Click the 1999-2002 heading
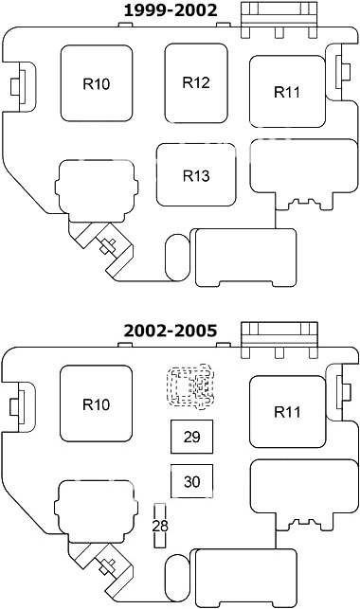171,10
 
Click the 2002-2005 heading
171,331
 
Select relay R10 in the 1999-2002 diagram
97,83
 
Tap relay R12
196,83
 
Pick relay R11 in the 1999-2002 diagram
287,92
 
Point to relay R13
196,175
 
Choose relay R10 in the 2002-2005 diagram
97,403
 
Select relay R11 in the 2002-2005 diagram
287,412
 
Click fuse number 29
192,437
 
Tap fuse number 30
192,481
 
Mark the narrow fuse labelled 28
160,526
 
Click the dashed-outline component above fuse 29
190,386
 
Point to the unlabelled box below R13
245,258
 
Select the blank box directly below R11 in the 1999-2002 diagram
304,174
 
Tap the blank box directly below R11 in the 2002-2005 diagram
304,494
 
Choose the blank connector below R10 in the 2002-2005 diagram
97,511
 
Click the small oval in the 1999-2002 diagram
177,257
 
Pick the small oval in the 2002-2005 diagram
177,577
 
